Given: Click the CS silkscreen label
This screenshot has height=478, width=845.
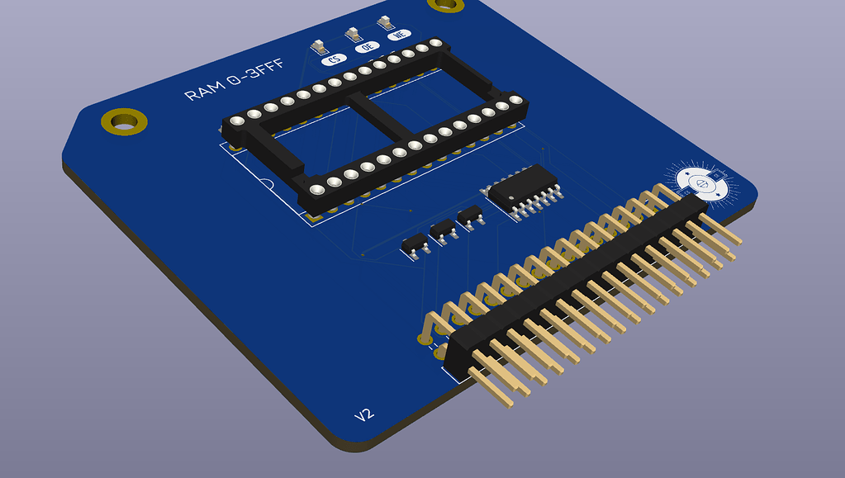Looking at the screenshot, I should pyautogui.click(x=335, y=59).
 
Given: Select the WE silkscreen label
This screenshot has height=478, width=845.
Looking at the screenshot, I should pyautogui.click(x=399, y=35).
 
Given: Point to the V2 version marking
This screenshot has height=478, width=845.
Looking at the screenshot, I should pyautogui.click(x=364, y=415).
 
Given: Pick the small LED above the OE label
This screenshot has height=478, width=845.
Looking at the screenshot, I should pyautogui.click(x=352, y=33).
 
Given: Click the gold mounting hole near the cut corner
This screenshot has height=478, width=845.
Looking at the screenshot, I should pyautogui.click(x=125, y=121).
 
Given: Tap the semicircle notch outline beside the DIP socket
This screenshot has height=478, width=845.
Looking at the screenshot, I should pyautogui.click(x=267, y=184).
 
